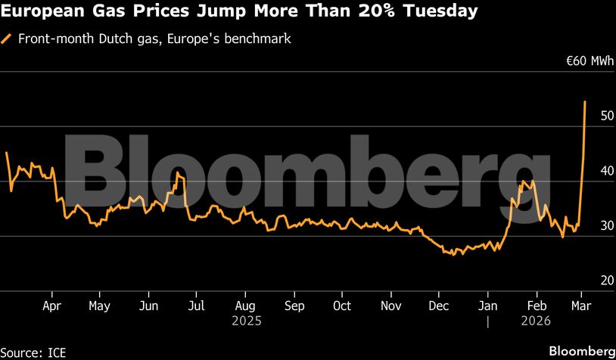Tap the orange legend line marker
pos(7,38)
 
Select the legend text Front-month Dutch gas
pos(84,38)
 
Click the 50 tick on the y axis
pos(585,116)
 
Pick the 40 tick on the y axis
pos(585,171)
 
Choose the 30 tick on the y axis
pos(585,225)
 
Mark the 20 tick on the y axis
pos(585,281)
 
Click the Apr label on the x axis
pos(52,306)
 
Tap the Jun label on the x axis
pos(149,306)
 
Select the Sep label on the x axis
pos(294,306)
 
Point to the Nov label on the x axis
pos(390,306)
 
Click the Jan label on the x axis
pos(488,306)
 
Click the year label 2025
pos(246,321)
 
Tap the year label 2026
pos(535,321)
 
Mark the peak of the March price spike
pos(584,101)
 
